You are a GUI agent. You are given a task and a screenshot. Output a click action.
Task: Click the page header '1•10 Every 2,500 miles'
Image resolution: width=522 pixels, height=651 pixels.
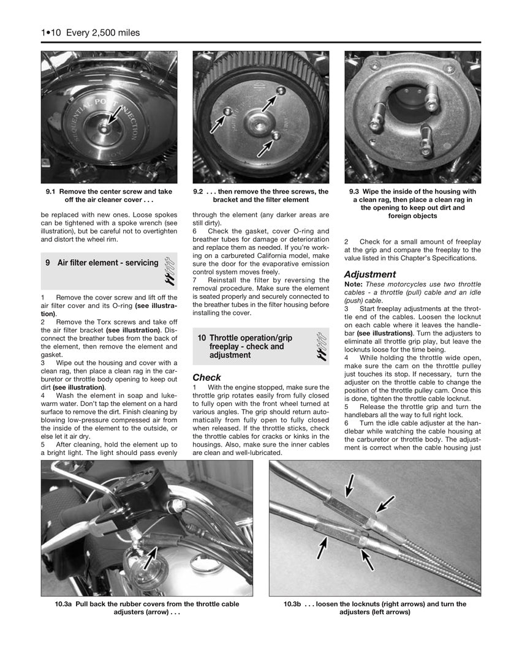91,32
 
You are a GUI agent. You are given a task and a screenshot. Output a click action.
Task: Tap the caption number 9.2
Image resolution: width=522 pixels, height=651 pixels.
198,192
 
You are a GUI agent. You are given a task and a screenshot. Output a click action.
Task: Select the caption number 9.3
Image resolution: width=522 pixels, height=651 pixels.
354,192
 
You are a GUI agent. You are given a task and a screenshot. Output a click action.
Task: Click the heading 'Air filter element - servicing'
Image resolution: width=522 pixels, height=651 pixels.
108,263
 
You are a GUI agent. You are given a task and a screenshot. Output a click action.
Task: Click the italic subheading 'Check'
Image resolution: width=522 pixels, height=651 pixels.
206,377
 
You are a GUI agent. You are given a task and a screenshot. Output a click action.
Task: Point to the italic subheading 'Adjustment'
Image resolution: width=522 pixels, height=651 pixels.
369,274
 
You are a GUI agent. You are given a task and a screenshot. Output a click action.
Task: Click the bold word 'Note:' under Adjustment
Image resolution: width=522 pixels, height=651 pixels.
354,285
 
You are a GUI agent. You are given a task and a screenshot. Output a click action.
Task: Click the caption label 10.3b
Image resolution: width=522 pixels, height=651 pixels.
292,604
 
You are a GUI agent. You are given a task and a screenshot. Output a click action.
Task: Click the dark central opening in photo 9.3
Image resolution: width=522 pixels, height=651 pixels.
406,105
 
